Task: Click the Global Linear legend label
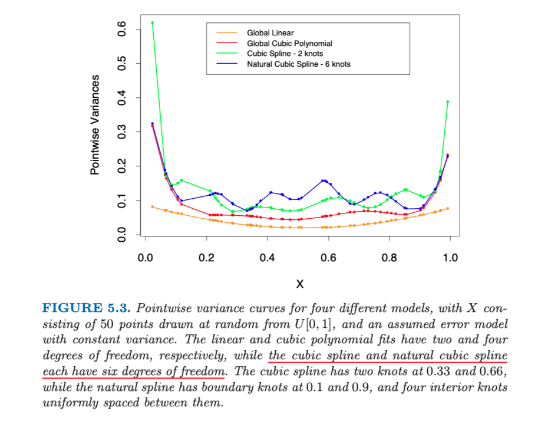click(270, 33)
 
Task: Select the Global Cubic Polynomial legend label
click(289, 44)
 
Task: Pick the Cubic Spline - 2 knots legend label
click(285, 54)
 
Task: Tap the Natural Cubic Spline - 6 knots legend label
click(298, 64)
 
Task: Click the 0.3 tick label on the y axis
click(121, 132)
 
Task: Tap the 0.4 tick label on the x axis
click(267, 258)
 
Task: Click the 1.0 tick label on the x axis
click(450, 258)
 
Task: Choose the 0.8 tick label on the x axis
click(389, 258)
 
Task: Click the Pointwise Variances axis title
click(95, 124)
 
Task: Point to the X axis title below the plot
click(299, 284)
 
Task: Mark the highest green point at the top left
click(152, 23)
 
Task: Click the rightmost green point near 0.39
click(448, 102)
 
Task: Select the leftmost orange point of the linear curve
click(152, 207)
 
